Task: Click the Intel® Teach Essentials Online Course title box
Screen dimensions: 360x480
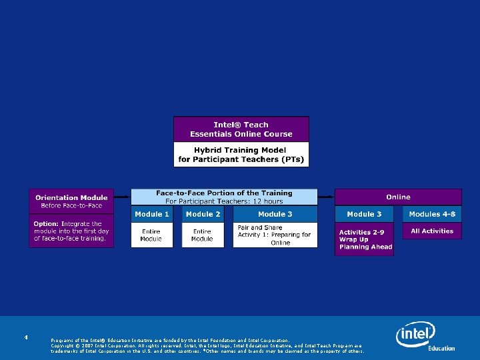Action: [x=241, y=129]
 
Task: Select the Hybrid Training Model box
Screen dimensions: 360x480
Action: [x=241, y=155]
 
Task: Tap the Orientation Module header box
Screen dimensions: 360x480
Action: [x=71, y=201]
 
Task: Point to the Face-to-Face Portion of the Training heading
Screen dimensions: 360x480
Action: [x=224, y=193]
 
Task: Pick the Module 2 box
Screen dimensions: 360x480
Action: [x=203, y=214]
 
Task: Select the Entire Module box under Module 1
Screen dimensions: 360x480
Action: [x=151, y=235]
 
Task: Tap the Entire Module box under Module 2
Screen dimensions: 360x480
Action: [x=202, y=235]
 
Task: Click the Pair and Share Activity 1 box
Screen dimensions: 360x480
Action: [x=275, y=235]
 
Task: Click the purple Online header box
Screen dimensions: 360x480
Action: [x=398, y=197]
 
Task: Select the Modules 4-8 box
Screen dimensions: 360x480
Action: [x=432, y=214]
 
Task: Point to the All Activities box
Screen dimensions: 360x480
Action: [x=432, y=231]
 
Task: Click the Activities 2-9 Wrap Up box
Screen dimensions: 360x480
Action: [x=365, y=239]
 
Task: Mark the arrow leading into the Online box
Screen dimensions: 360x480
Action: [x=326, y=197]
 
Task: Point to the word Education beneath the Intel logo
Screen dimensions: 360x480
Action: [x=441, y=348]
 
